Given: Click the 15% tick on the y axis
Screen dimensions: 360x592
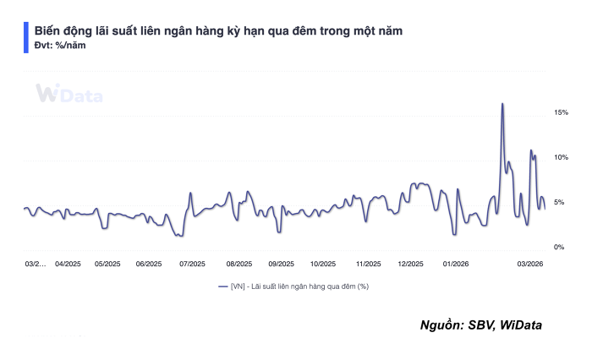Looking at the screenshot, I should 561,112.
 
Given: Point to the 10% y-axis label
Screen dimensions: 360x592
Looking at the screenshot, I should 561,157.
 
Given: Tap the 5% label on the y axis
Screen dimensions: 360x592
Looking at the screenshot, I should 559,202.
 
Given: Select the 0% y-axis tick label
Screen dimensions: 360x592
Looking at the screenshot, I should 559,247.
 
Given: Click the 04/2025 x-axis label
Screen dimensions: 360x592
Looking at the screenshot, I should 67,264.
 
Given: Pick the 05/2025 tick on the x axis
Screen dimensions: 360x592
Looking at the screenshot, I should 107,264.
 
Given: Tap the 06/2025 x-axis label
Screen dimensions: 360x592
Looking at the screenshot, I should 149,264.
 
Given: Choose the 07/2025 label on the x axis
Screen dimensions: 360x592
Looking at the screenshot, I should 192,264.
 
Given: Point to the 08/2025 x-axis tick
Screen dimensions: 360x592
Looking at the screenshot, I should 239,264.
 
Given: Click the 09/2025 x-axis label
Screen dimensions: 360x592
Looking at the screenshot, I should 281,264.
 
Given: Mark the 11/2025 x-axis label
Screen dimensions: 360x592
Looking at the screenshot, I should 368,264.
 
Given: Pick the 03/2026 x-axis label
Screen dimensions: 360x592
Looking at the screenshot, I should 529,264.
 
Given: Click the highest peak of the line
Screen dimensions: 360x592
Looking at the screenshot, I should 502,104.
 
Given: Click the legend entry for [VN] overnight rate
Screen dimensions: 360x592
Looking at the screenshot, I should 293,286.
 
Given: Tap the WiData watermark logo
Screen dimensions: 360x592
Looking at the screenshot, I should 69,95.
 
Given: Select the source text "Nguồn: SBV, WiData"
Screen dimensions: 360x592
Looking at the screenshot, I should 480,325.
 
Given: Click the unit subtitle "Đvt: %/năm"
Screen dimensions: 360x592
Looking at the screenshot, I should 59,46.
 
